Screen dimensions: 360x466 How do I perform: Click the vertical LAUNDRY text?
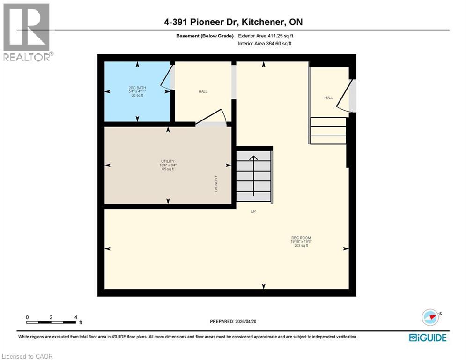pos(216,184)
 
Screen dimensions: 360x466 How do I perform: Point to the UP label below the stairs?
pos(253,211)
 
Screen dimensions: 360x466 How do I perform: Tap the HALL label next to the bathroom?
pos(203,91)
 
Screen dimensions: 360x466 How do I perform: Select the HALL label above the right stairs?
pos(329,97)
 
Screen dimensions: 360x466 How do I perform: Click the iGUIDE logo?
pos(428,337)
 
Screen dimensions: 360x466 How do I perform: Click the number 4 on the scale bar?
pos(75,317)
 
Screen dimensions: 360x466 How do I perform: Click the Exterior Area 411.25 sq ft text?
pos(266,36)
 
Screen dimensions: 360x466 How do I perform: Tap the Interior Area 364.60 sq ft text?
pos(265,43)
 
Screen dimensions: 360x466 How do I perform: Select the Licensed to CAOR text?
pos(28,356)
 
